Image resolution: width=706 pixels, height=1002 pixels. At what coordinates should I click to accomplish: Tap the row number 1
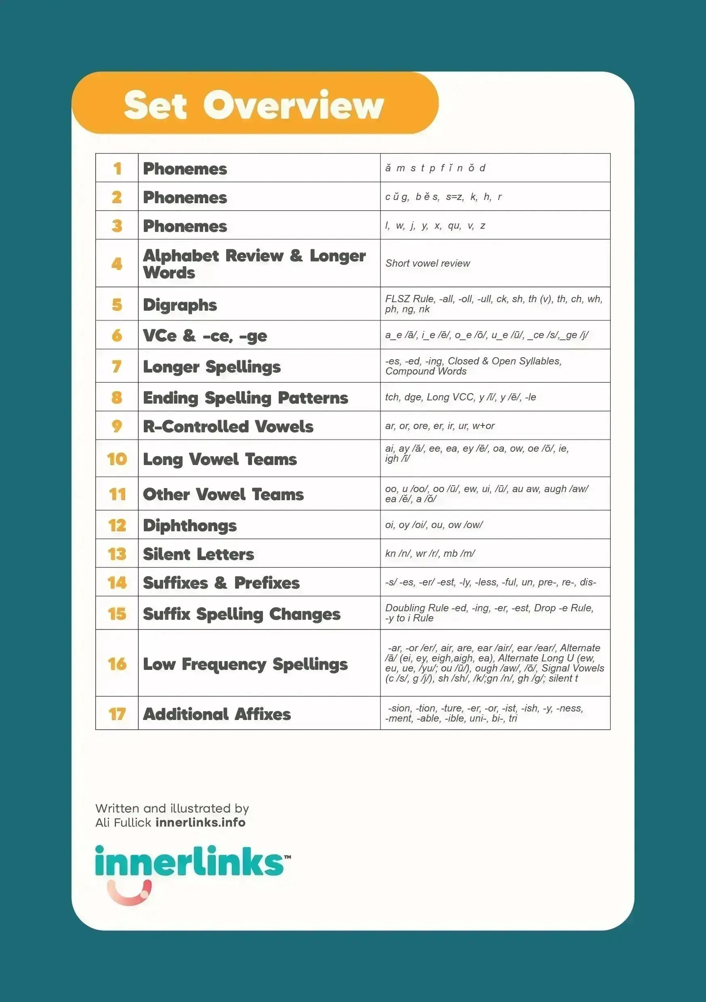[x=117, y=168]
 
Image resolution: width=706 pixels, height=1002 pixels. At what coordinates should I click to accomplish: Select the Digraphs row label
[x=180, y=305]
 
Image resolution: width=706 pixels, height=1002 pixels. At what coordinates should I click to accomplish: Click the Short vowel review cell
[x=428, y=263]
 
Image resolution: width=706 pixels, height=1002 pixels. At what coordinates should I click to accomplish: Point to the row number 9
[x=117, y=426]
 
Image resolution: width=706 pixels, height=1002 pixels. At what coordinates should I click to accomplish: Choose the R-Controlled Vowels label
[x=228, y=426]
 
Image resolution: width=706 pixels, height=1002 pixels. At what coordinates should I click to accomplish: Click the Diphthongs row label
[x=190, y=525]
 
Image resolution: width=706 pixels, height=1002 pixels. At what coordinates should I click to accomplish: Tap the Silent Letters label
[x=199, y=554]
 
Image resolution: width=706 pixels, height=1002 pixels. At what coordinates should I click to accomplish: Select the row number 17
[x=117, y=714]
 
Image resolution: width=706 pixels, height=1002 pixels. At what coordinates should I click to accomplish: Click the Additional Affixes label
[x=217, y=714]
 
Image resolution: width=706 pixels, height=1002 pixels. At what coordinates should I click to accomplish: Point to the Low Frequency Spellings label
[x=245, y=664]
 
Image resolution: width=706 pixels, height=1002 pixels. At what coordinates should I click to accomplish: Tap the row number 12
[x=117, y=525]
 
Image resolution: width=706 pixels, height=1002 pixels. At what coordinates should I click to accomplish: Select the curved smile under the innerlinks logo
[x=129, y=892]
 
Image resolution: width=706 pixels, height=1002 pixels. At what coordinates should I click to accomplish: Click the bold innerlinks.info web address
[x=200, y=822]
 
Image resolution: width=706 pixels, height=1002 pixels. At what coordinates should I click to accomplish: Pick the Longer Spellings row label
[x=212, y=366]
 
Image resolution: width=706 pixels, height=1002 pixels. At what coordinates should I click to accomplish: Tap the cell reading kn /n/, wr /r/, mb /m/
[x=430, y=554]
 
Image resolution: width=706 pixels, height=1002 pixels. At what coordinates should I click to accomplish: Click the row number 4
[x=117, y=263]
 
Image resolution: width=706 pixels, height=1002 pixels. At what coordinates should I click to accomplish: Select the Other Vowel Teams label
[x=223, y=494]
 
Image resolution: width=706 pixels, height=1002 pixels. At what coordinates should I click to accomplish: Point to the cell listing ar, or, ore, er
[x=440, y=425]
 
